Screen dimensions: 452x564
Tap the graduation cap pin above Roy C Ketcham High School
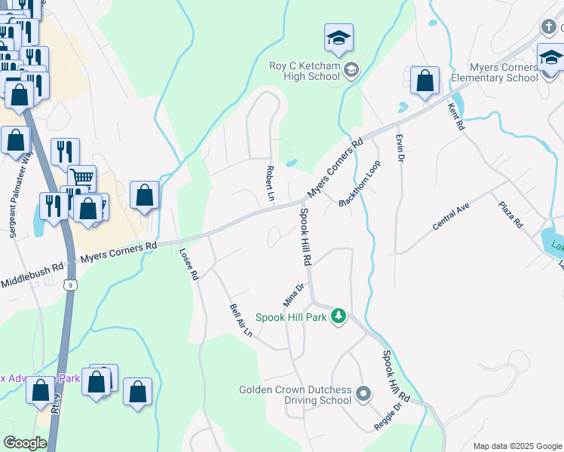point(339,38)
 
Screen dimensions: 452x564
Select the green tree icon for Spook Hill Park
point(339,316)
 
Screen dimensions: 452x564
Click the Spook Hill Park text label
point(291,317)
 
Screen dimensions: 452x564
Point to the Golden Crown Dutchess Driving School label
point(296,395)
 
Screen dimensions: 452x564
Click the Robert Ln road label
point(269,183)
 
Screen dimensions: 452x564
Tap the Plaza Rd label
point(510,215)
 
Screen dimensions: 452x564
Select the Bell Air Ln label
point(241,321)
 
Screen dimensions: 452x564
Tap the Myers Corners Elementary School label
point(494,72)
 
